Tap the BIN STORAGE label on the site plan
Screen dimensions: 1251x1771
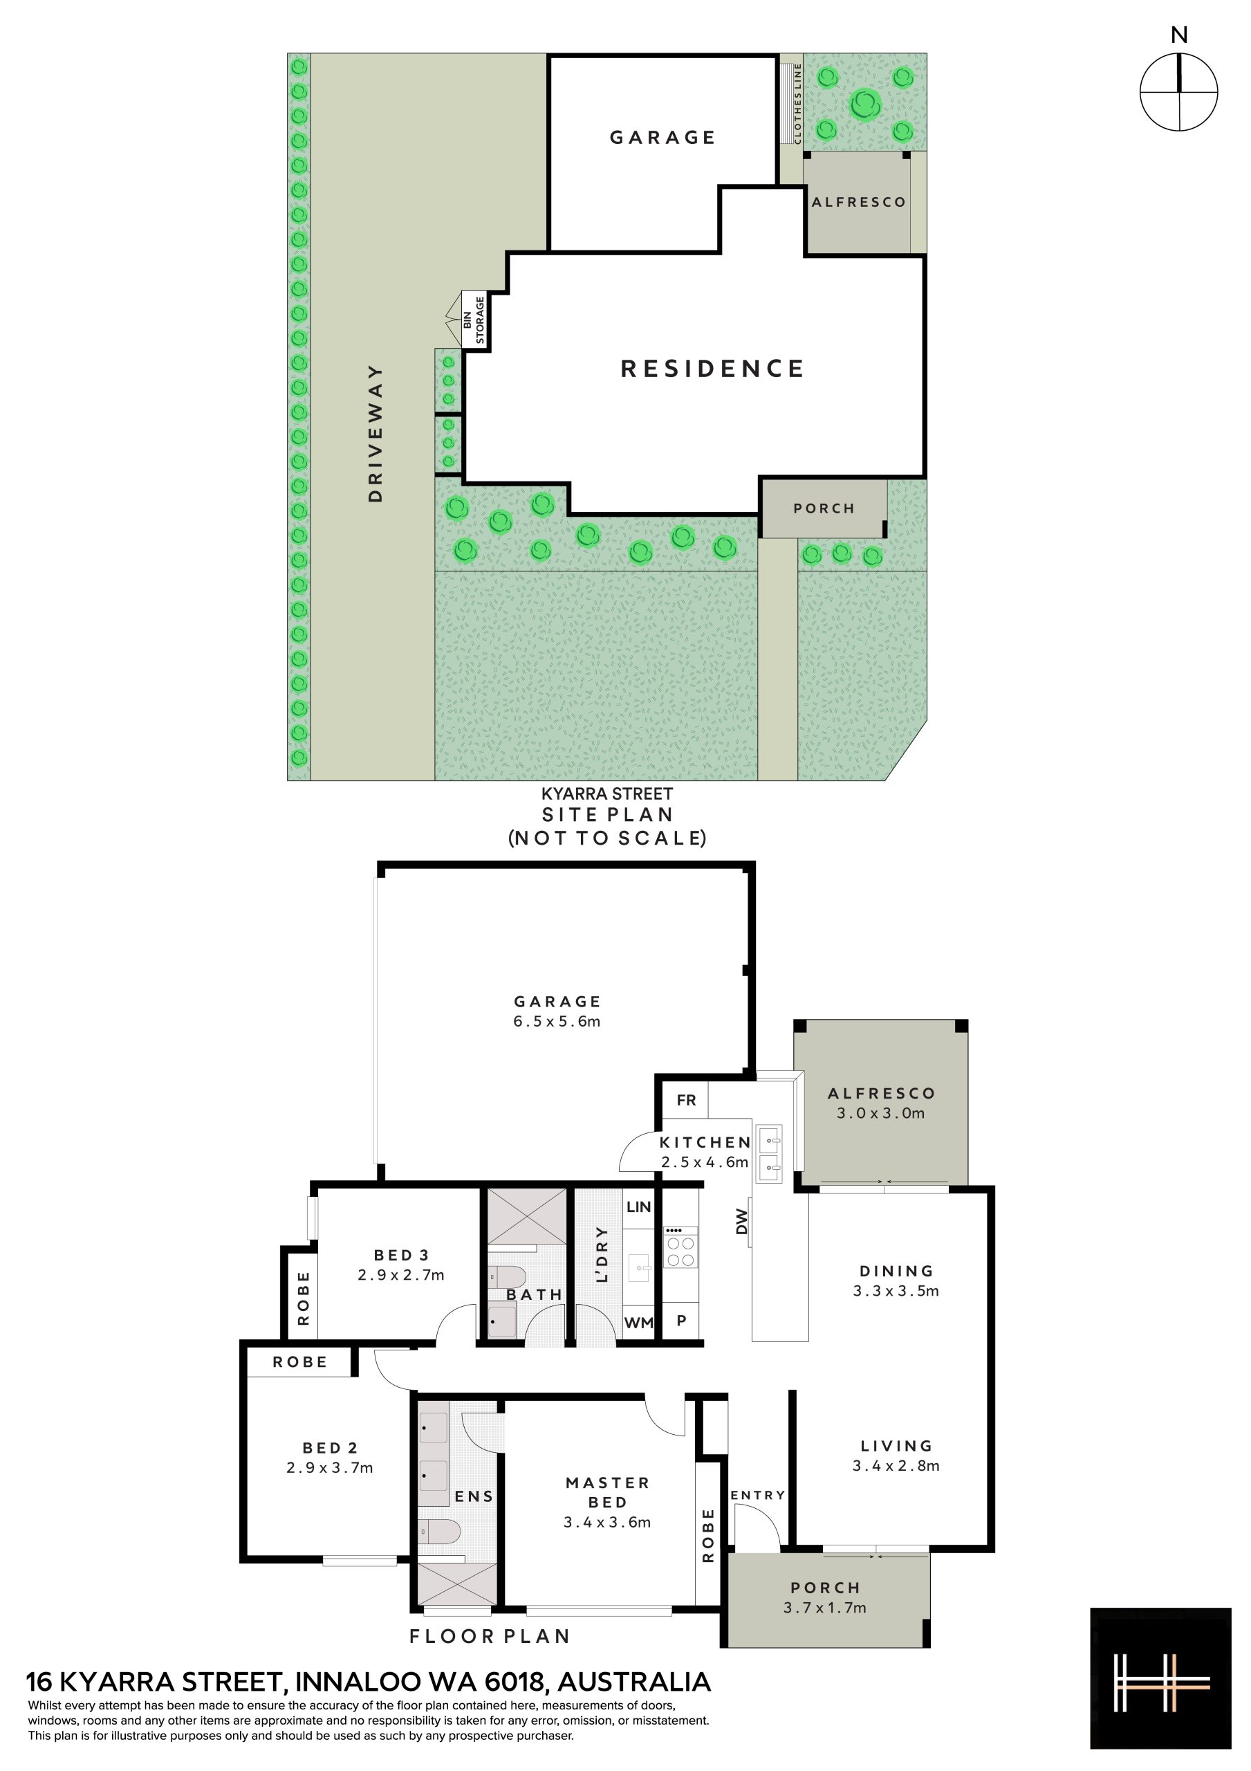pos(474,321)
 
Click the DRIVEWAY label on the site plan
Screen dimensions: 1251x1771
pos(376,434)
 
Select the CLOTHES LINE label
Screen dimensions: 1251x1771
pos(797,103)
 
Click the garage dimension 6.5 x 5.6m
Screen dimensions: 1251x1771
pos(557,1021)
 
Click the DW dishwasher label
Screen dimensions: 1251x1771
pos(742,1221)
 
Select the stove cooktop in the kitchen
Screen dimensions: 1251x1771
pos(680,1247)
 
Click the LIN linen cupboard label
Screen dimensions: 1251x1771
pos(638,1207)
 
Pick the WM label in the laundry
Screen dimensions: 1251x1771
pos(638,1323)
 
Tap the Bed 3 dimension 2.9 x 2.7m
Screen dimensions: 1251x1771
pos(401,1275)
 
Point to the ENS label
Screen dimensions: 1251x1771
pos(474,1496)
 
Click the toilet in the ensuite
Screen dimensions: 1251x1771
pos(440,1531)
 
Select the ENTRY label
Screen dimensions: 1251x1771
pos(758,1495)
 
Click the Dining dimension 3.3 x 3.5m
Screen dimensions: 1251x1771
pos(896,1290)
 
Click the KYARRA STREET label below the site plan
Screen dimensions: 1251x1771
pos(607,793)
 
